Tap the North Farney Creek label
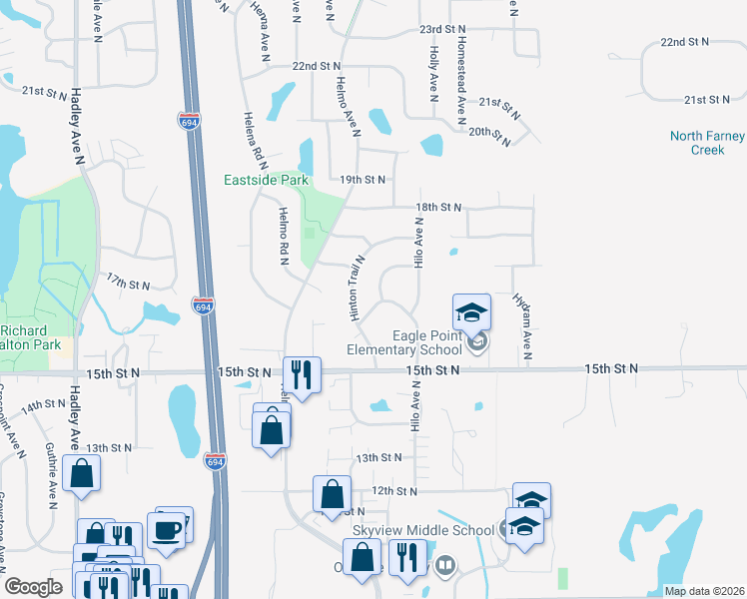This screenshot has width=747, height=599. tap(707, 143)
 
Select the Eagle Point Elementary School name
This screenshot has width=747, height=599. tap(404, 343)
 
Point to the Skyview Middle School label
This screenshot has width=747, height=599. tap(422, 530)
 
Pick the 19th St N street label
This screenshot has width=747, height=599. tap(363, 180)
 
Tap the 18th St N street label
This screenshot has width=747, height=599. tap(439, 207)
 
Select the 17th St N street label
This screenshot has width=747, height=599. tap(128, 284)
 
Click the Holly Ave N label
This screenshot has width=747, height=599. tap(432, 74)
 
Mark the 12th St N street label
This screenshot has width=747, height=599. tap(393, 491)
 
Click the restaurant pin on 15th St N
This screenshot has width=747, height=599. tap(300, 374)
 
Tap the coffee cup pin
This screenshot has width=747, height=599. tap(167, 528)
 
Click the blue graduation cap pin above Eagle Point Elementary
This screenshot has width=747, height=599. tap(471, 312)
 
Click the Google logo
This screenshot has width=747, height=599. tap(34, 587)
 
